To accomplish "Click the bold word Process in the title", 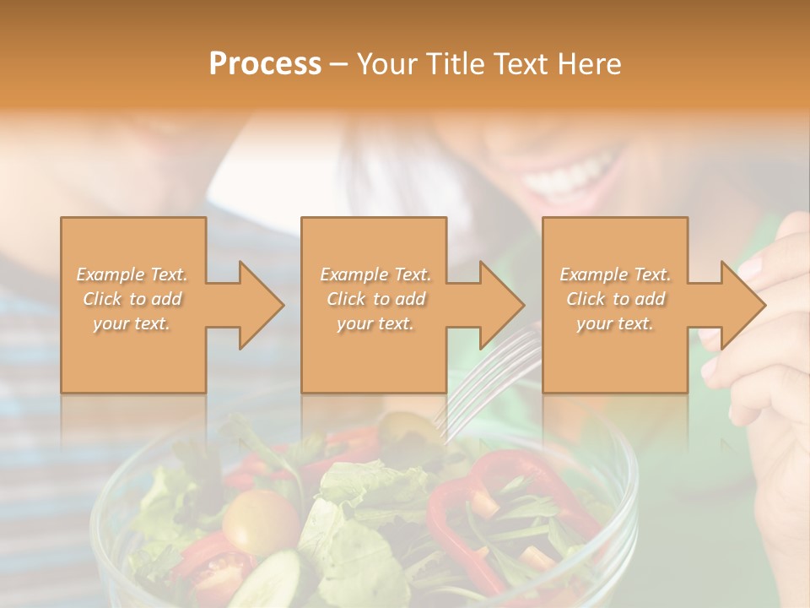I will tap(265, 64).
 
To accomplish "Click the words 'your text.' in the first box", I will tap(132, 323).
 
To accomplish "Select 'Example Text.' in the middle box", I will tap(375, 274).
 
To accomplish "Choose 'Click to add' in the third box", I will tap(615, 299).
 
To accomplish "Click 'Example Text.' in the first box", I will tap(132, 274).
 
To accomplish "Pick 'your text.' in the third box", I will tap(615, 323).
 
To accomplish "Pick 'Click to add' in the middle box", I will tap(375, 299).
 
